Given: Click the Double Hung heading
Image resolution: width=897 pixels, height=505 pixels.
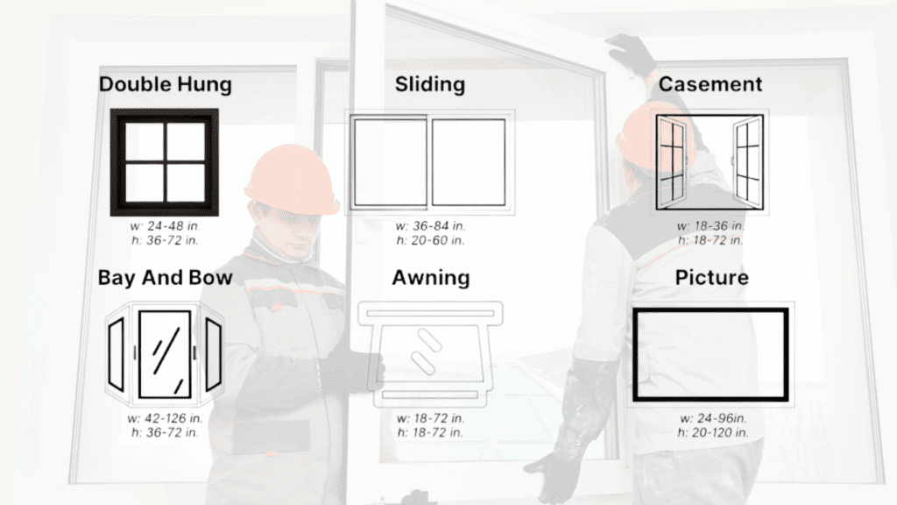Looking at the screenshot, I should click(x=165, y=85).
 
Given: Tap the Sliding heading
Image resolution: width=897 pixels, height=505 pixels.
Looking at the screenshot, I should click(x=429, y=85).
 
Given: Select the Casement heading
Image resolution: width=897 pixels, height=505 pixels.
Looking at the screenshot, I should click(x=710, y=85).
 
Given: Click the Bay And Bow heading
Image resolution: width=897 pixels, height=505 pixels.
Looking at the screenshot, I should click(x=165, y=278).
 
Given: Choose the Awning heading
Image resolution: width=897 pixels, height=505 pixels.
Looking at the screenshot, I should click(x=430, y=278).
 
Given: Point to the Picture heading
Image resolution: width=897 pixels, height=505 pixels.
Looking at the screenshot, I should click(x=711, y=278).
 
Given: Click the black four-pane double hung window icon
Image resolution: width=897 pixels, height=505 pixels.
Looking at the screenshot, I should click(x=164, y=162).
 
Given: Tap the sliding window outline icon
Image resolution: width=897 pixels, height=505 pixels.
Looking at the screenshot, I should click(x=429, y=162).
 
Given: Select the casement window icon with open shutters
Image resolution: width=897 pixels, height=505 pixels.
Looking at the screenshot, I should click(x=710, y=163).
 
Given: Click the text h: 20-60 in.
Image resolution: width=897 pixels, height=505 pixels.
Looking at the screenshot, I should click(x=430, y=240).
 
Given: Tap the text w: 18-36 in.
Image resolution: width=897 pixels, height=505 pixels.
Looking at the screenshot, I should click(x=711, y=226).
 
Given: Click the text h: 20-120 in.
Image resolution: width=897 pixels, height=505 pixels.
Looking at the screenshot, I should click(x=712, y=432).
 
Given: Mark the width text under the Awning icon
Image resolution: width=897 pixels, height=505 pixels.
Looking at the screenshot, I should click(x=430, y=418).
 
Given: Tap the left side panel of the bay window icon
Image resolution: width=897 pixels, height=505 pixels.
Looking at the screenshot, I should click(x=116, y=353).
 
